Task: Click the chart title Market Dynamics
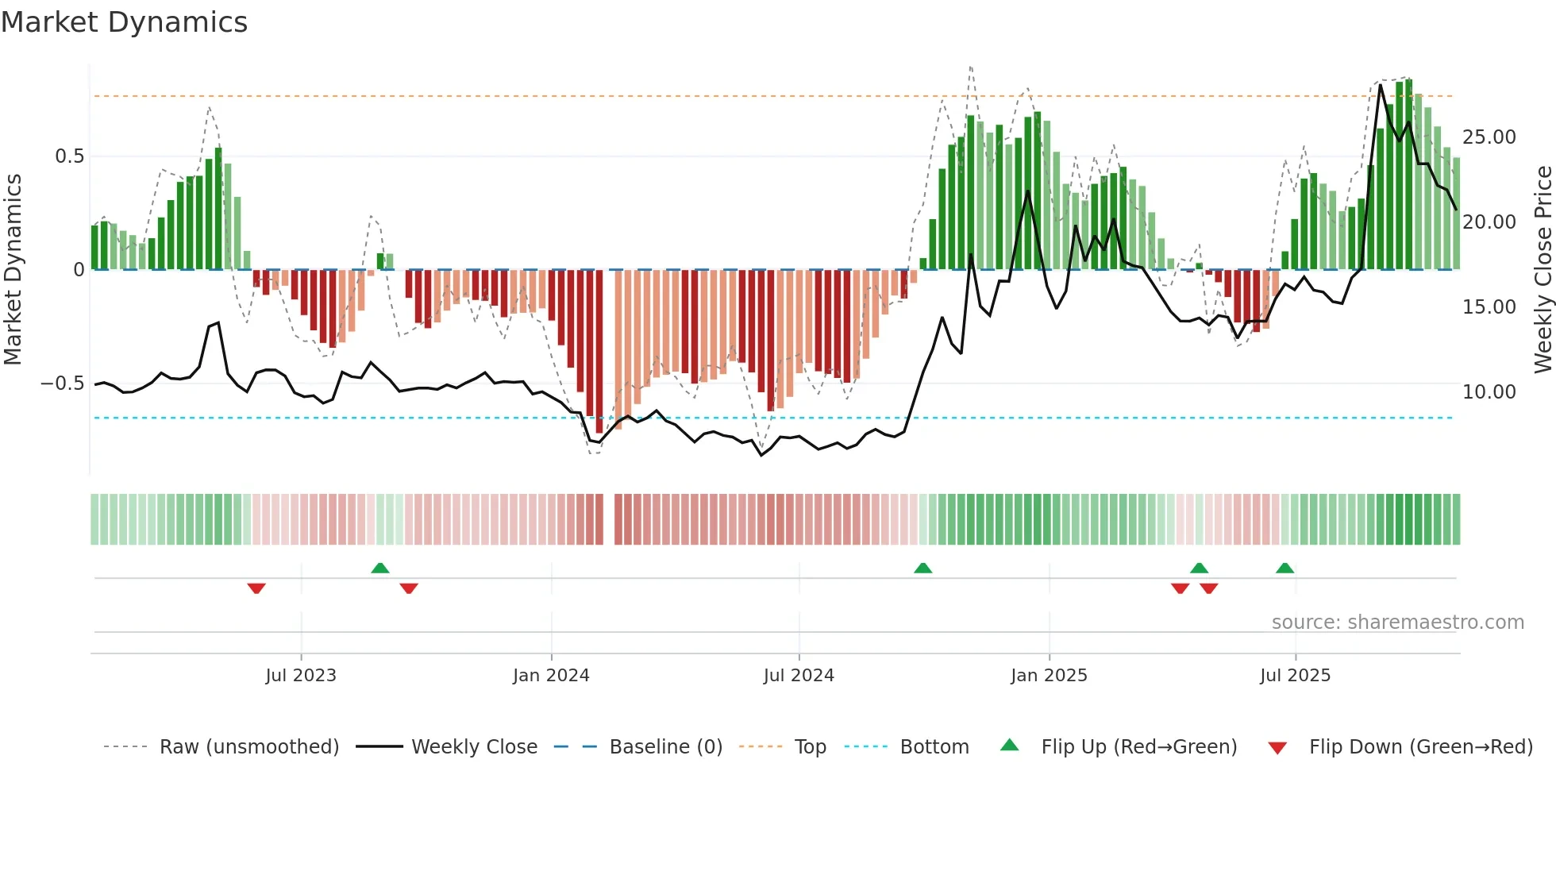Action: pos(124,22)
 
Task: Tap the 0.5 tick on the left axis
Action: pos(69,156)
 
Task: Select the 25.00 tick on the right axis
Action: pos(1489,137)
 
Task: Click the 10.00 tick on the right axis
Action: pos(1489,392)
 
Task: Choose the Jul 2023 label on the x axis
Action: pos(301,676)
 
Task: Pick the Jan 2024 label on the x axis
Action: pos(551,676)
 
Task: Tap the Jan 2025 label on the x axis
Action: pos(1049,676)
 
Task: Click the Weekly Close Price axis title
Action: pos(1543,270)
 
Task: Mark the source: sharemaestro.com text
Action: pos(1397,623)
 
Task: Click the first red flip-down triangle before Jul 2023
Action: pos(256,588)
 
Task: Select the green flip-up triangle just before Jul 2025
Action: pos(1284,568)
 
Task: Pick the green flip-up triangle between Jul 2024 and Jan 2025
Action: pos(922,568)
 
